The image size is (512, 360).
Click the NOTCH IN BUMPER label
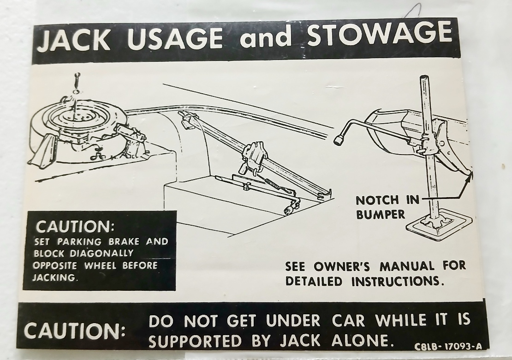tap(387, 207)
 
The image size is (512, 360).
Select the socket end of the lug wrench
tap(339, 139)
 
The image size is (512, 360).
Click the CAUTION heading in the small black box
tap(73, 227)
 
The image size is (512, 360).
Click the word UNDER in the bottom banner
tap(293, 321)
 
